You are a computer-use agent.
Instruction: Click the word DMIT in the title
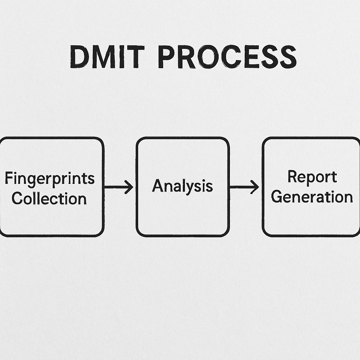click(107, 57)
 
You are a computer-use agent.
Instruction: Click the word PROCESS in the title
click(227, 57)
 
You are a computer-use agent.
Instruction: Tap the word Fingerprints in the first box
click(50, 178)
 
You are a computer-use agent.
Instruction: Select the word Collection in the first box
click(49, 199)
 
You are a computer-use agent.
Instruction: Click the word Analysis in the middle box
click(182, 186)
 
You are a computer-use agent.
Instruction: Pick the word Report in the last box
click(312, 177)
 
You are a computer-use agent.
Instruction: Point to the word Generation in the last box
click(312, 197)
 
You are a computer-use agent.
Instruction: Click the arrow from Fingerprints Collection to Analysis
click(119, 187)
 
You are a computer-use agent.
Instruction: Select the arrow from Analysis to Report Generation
click(244, 187)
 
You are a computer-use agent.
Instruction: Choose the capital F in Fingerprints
click(8, 178)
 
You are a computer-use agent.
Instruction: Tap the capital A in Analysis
click(158, 186)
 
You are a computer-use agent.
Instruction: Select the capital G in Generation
click(277, 197)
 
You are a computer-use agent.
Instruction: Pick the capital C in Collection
click(18, 199)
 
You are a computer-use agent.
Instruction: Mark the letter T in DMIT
click(136, 57)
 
